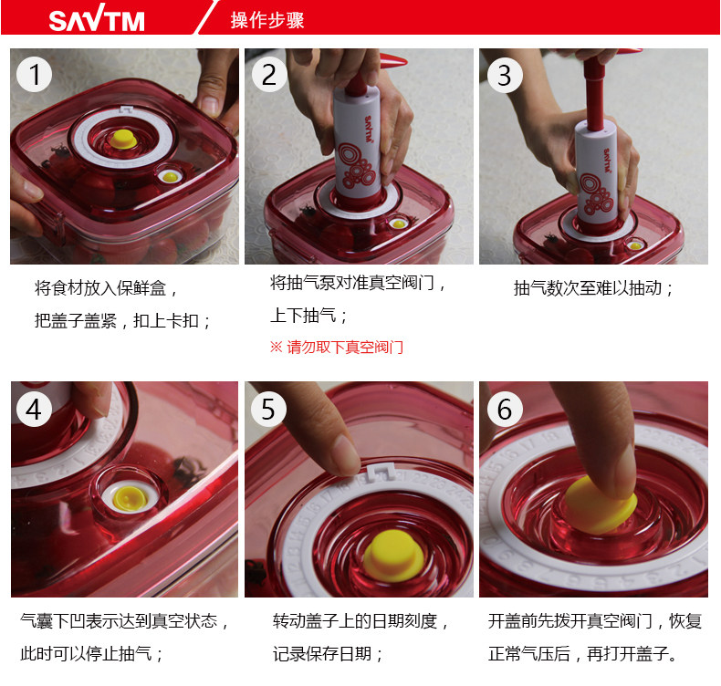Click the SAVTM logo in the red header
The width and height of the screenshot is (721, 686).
pyautogui.click(x=97, y=20)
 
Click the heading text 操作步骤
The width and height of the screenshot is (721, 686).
pyautogui.click(x=267, y=20)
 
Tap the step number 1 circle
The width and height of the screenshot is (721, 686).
pyautogui.click(x=34, y=75)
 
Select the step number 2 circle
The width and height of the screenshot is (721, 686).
pyautogui.click(x=269, y=75)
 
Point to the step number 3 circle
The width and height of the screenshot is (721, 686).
pyautogui.click(x=505, y=76)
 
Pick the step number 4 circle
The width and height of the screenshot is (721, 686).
pyautogui.click(x=34, y=409)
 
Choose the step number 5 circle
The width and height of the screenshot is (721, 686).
pyautogui.click(x=269, y=409)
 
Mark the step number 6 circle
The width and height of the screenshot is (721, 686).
pyautogui.click(x=505, y=409)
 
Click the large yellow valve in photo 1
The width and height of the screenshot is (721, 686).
pyautogui.click(x=122, y=139)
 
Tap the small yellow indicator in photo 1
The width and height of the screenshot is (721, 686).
pyautogui.click(x=170, y=177)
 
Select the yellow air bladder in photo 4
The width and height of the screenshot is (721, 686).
pyautogui.click(x=130, y=499)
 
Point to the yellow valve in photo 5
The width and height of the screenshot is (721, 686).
pyautogui.click(x=393, y=556)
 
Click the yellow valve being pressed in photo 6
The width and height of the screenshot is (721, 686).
pyautogui.click(x=600, y=505)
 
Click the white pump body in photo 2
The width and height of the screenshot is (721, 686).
pyautogui.click(x=358, y=142)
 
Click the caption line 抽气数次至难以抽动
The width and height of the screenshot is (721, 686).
pyautogui.click(x=593, y=288)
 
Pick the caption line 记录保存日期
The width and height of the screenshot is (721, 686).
pyautogui.click(x=328, y=653)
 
